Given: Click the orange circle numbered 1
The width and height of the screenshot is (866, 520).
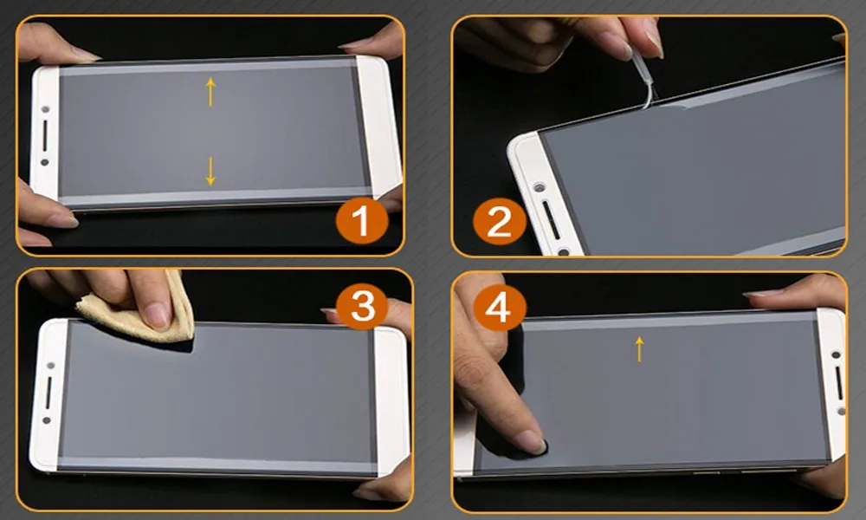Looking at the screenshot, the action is tap(362, 221).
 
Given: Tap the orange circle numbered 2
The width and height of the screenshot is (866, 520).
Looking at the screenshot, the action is tap(500, 222).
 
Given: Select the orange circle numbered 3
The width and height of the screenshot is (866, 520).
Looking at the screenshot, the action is tap(362, 306).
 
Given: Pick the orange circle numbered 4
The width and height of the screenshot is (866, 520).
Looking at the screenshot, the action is tap(498, 307).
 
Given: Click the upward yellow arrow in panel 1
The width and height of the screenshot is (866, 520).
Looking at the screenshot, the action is tap(210, 92).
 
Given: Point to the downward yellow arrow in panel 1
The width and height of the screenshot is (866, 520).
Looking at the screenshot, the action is tap(210, 171).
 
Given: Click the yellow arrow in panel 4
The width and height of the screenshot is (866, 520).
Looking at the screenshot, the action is tap(640, 349).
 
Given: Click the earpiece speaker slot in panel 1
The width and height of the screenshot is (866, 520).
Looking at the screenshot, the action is tap(45, 135).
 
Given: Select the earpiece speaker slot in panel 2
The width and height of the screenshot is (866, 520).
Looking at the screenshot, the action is tap(551, 220).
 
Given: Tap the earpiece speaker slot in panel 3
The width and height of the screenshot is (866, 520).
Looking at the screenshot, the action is tap(48, 393).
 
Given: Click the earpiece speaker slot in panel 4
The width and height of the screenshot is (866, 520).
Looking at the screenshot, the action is tap(839, 383).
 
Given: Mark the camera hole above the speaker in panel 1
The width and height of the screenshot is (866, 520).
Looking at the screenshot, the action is tap(45, 109).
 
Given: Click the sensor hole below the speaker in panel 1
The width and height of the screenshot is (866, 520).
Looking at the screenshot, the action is tap(45, 162).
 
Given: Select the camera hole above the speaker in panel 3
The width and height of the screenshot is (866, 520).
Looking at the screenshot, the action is tap(49, 367).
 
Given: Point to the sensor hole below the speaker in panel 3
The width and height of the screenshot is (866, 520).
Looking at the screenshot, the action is tap(48, 420).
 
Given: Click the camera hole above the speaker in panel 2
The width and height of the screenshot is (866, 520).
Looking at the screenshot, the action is tap(539, 188).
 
